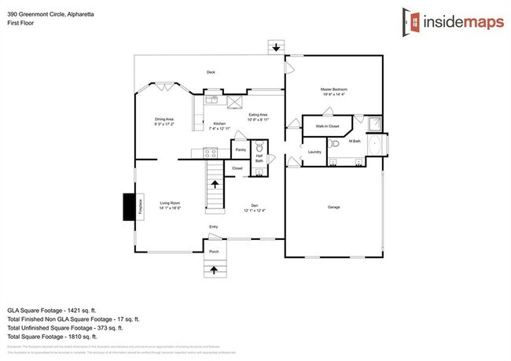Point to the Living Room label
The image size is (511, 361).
(170, 204)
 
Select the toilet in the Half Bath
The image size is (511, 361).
(260, 148)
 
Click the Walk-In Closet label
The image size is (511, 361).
(327, 126)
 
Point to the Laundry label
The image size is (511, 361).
(314, 152)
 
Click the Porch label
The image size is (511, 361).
(214, 252)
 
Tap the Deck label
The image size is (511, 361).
(211, 72)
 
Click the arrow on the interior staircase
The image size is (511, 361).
(215, 185)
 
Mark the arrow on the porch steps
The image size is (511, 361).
(214, 270)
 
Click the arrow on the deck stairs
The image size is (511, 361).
(275, 47)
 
